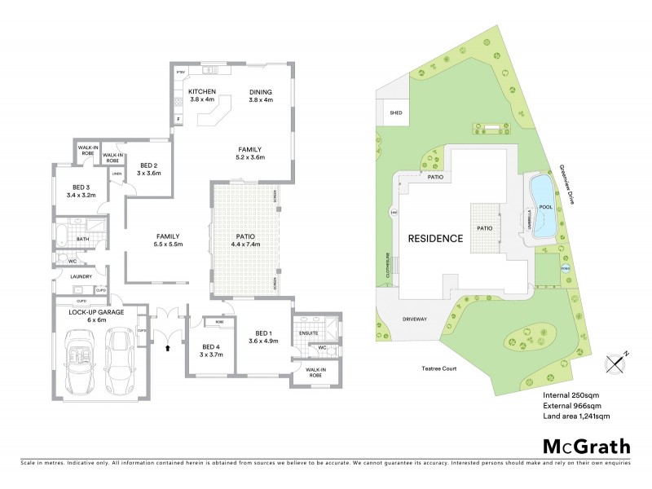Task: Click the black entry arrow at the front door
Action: (x=169, y=347)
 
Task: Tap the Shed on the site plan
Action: (x=396, y=113)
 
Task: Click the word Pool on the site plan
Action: (x=545, y=207)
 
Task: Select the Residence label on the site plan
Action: (x=435, y=239)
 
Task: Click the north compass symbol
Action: (x=613, y=362)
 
